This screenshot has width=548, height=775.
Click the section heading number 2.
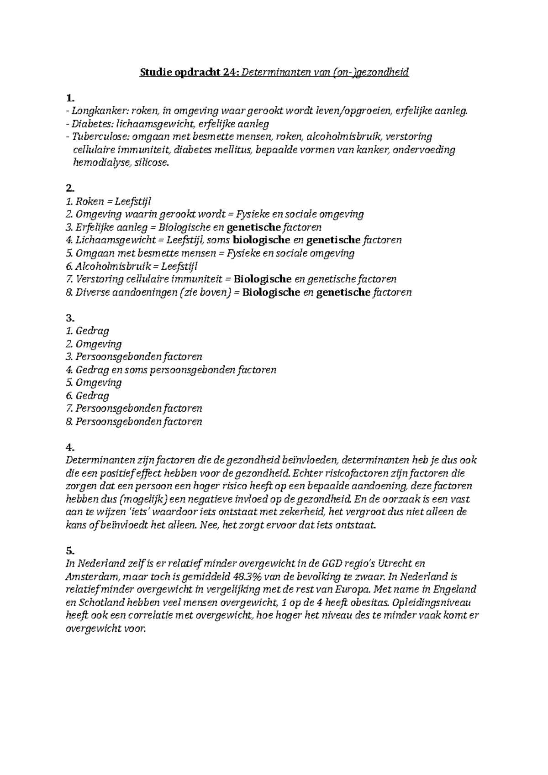click(x=69, y=188)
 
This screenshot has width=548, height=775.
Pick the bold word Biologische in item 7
click(x=267, y=279)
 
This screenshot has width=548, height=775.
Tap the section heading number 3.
click(x=69, y=318)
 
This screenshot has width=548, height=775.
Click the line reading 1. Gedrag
click(x=87, y=331)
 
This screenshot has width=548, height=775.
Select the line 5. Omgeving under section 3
click(x=94, y=382)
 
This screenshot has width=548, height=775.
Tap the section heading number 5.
click(x=69, y=550)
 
